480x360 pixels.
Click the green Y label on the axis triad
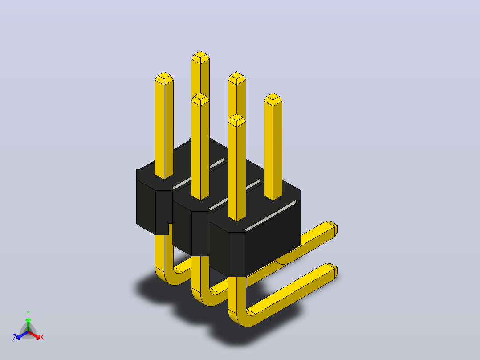(28, 313)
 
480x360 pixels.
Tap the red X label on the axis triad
(42, 337)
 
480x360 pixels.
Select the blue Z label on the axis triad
(15, 337)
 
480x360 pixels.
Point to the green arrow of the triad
(28, 325)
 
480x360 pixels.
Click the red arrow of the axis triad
(34, 335)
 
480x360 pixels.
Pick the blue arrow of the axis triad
(22, 335)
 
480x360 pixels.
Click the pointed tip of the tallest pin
(200, 51)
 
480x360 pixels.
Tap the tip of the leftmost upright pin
(164, 72)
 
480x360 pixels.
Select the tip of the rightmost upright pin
(273, 93)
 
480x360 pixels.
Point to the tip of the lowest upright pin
(236, 114)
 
